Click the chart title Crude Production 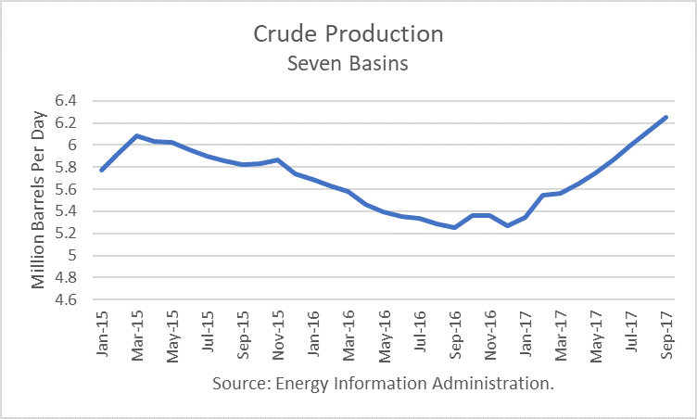coord(348,34)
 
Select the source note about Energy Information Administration coord(383,383)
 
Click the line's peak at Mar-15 coord(136,135)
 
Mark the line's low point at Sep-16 coord(454,227)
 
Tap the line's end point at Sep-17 coord(665,117)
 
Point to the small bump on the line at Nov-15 coord(277,159)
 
